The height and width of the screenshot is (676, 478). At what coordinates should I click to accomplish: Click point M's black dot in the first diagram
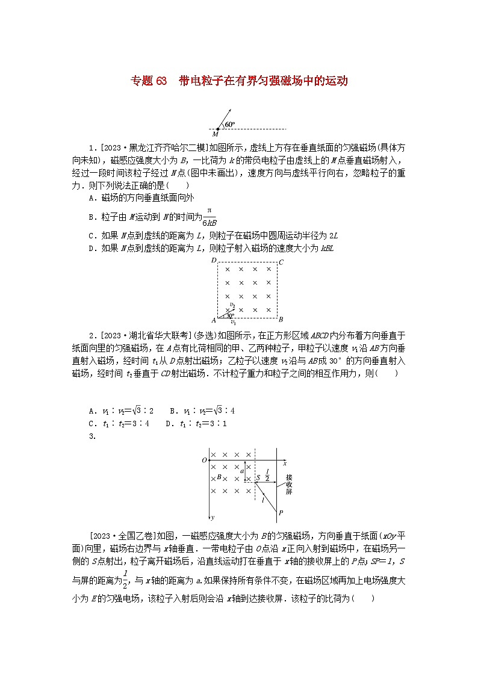(x=218, y=129)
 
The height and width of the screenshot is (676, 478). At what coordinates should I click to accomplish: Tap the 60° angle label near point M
(x=229, y=125)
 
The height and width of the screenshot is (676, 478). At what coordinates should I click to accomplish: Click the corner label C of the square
(x=281, y=261)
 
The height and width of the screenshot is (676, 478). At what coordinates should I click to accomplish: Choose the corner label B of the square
(x=281, y=320)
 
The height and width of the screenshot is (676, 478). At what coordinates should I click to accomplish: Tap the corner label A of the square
(x=213, y=320)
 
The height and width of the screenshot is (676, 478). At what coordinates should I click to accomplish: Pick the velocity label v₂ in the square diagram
(x=232, y=305)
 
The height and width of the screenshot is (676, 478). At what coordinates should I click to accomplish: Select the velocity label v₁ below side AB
(x=232, y=322)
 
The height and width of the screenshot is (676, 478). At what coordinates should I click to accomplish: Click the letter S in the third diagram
(x=258, y=477)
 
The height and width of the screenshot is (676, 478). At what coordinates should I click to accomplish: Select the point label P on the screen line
(x=281, y=512)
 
